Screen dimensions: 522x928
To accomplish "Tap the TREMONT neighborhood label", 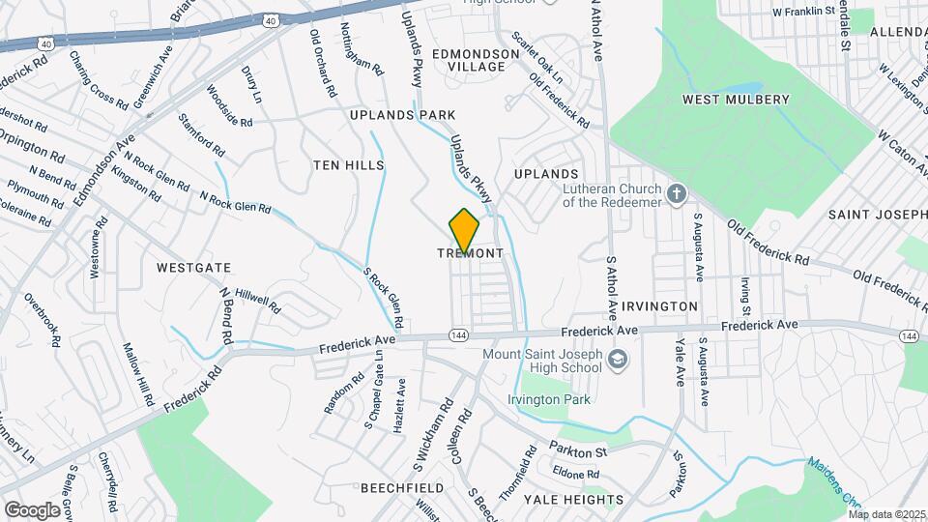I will pos(471,253).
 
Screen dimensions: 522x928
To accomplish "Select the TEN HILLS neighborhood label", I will pos(348,165).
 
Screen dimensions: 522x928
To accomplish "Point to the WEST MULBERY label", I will pos(736,100).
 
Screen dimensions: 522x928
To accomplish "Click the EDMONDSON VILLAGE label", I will pos(468,60).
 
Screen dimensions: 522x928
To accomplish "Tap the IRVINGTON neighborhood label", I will pos(659,305).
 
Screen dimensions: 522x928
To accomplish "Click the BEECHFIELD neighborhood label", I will pos(402,489).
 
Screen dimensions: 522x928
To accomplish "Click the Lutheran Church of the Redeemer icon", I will pos(677,192).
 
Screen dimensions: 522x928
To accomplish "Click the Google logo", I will pos(32,509).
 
